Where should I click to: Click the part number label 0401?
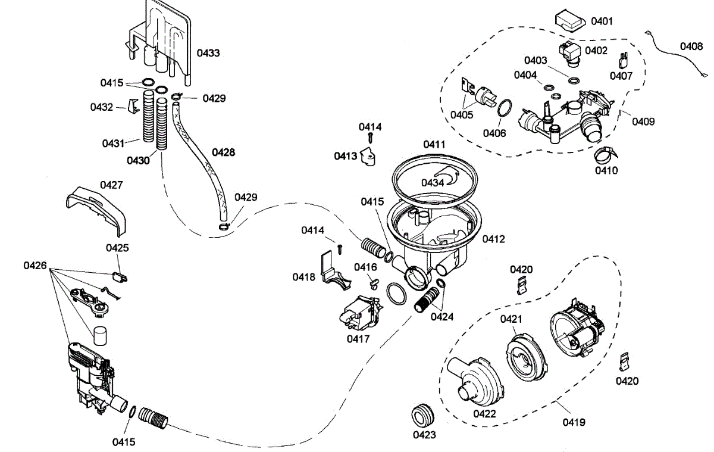pos(602,21)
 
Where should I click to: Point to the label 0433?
pos(208,53)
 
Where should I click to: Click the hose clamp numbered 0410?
pos(605,156)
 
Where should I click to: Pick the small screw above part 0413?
pos(370,138)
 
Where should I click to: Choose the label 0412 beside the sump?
pos(494,239)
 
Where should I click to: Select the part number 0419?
pos(574,422)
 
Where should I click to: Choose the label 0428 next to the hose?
pos(223,152)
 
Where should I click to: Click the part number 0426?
pos(35,265)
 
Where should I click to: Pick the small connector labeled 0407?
pos(623,60)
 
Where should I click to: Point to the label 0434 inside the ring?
pos(433,182)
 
